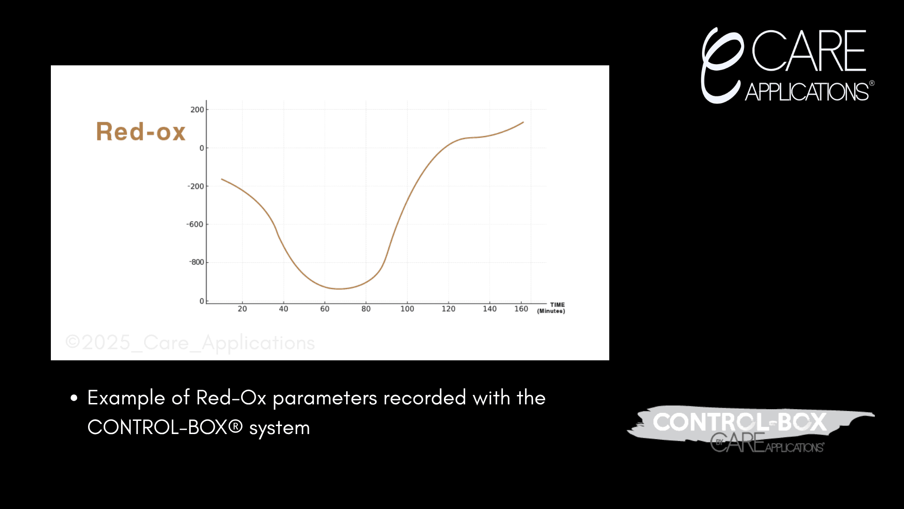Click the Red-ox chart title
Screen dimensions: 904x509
click(141, 131)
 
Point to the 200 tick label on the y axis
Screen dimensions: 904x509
click(197, 110)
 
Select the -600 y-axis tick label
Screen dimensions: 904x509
click(195, 224)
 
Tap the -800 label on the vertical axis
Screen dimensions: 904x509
click(196, 262)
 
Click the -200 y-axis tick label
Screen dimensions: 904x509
click(196, 186)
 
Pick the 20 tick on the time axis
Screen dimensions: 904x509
click(242, 309)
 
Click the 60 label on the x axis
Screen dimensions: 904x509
click(325, 309)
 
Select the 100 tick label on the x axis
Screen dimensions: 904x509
click(407, 309)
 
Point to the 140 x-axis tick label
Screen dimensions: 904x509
click(490, 309)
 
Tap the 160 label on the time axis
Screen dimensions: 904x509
click(521, 309)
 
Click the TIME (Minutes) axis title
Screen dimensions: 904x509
click(551, 308)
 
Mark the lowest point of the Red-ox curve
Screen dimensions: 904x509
click(339, 289)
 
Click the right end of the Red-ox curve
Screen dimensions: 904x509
click(524, 123)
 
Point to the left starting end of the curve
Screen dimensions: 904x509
click(222, 179)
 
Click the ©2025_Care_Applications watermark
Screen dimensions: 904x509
click(190, 343)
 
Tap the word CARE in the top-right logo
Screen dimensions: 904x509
click(809, 50)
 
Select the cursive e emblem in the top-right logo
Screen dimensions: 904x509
click(722, 65)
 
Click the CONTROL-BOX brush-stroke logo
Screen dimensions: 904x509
click(751, 429)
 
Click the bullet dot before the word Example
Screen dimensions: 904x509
click(74, 398)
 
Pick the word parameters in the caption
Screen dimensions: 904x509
click(325, 398)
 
